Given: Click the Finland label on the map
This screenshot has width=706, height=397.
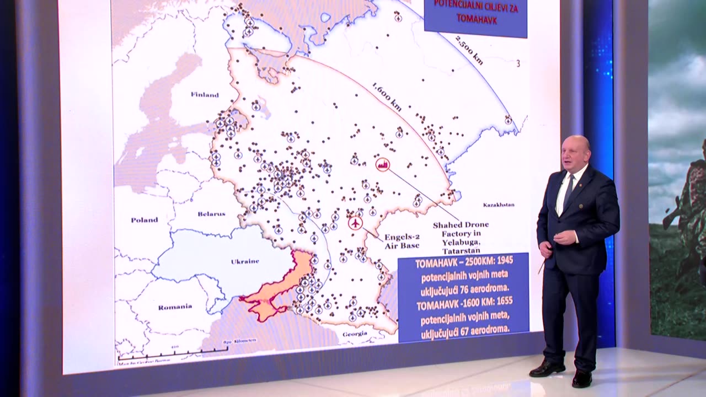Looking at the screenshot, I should click(205, 95).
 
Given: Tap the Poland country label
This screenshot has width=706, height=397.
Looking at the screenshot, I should click(144, 220).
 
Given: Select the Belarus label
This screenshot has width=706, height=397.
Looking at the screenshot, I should click(211, 213).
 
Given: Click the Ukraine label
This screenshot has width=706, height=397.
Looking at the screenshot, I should click(245, 261).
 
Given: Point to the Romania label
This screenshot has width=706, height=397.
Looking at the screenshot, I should click(175, 307).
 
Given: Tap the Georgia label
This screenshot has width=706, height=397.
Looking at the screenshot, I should click(355, 334).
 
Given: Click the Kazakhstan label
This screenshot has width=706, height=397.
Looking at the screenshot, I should click(499, 205).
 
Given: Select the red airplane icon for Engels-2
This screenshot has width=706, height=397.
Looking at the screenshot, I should click(356, 223).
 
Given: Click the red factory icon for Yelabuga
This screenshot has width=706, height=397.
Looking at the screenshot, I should click(382, 164).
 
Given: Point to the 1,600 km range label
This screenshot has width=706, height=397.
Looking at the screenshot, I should click(386, 97).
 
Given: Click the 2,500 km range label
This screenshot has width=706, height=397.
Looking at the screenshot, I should click(469, 51).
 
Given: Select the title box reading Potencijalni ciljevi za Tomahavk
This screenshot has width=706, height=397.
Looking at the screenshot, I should click(475, 12).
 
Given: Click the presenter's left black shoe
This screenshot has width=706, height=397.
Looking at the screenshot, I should click(581, 378).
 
